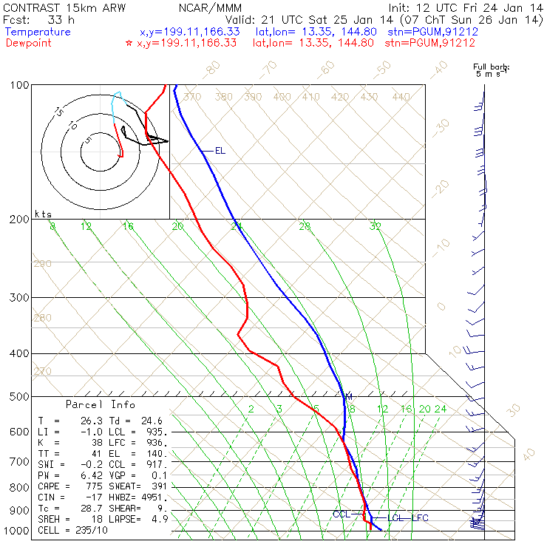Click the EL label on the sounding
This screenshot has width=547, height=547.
click(x=220, y=151)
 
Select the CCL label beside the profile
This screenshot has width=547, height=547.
click(x=341, y=514)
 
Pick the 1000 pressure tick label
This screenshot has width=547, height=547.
click(x=19, y=531)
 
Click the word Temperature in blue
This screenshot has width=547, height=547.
click(x=38, y=32)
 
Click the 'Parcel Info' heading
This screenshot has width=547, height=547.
click(x=101, y=404)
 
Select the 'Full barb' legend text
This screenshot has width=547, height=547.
click(x=492, y=67)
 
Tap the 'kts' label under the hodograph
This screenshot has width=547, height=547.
click(x=43, y=214)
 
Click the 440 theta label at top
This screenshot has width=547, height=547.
click(x=401, y=97)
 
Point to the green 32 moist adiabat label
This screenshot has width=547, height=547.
click(x=376, y=226)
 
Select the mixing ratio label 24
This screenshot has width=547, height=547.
click(x=441, y=409)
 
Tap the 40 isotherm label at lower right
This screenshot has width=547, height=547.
click(x=529, y=452)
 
